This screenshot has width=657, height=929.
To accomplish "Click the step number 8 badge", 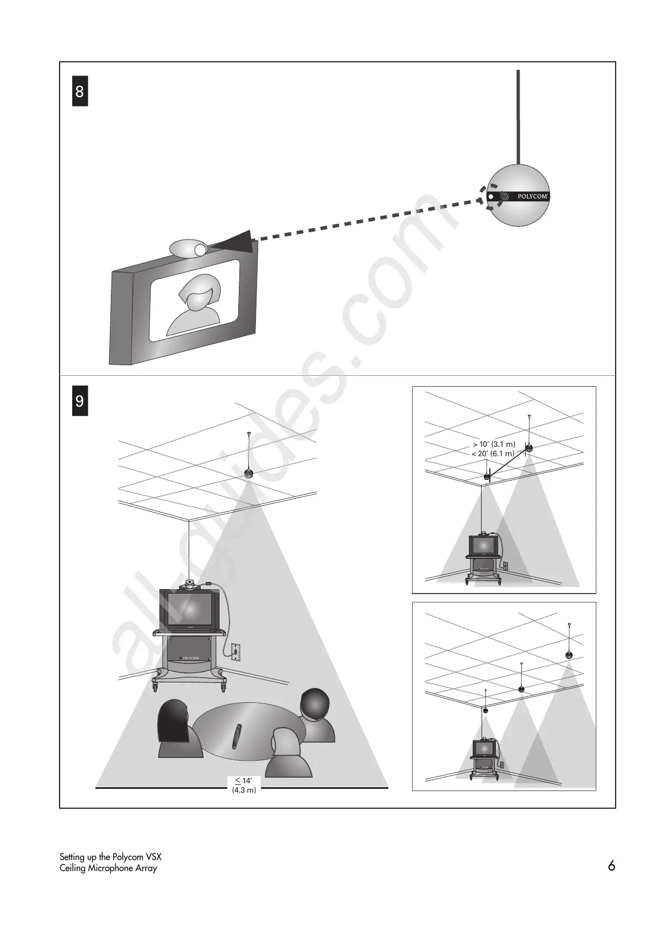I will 80,92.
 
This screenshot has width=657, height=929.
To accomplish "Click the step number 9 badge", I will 80,401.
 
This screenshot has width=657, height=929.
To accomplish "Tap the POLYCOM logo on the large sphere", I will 532,196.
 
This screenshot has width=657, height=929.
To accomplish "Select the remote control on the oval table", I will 237,736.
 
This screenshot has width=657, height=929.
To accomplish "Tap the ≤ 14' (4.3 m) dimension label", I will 244,785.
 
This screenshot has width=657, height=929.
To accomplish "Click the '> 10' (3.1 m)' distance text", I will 494,444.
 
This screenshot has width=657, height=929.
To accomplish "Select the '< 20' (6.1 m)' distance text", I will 493,453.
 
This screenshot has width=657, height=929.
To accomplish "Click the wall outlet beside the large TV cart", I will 236,652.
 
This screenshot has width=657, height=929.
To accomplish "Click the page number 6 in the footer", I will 611,866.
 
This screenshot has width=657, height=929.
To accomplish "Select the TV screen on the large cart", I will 189,610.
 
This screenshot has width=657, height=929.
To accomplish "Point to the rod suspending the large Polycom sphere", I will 517,116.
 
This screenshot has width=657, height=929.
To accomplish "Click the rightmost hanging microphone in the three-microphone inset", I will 569,655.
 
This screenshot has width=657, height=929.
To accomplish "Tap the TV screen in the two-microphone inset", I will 484,547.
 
